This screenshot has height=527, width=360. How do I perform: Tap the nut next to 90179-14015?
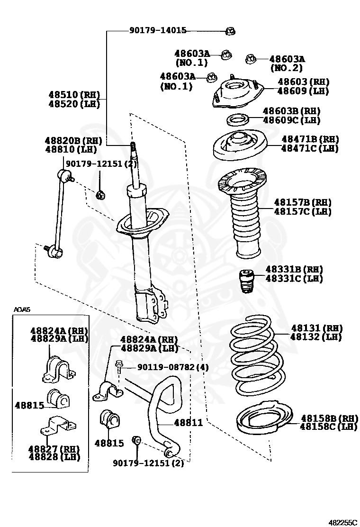pos(230,31)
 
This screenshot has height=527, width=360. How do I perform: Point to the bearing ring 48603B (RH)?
pos(237,119)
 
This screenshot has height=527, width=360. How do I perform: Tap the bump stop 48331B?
pos(245,281)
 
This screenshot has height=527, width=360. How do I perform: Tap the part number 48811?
pos(188,422)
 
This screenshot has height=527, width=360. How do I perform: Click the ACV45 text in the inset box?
pos(21,310)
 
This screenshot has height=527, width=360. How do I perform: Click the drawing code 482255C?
pos(344,522)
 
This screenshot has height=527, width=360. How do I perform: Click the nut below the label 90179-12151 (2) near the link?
pos(100,194)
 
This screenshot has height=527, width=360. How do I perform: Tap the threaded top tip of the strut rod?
pos(133,145)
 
